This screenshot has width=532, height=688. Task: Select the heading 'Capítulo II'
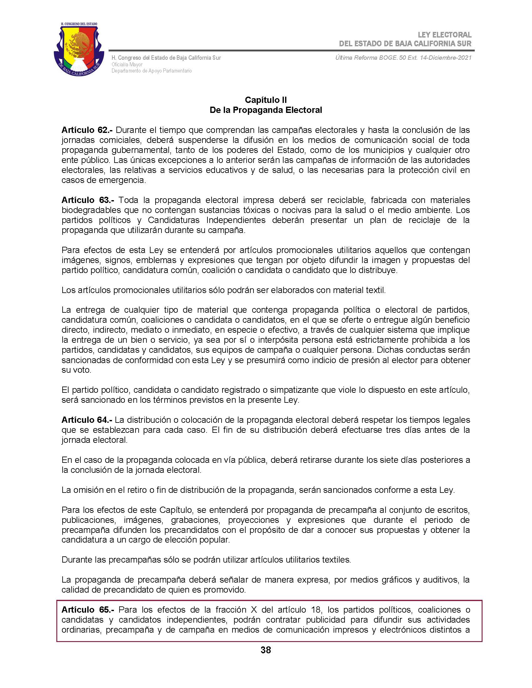pos(266,100)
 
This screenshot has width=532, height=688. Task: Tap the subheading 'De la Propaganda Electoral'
pos(266,110)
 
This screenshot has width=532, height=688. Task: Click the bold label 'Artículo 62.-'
pos(87,130)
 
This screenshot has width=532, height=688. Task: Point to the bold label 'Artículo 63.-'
pos(87,200)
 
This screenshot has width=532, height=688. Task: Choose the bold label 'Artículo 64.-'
pos(87,420)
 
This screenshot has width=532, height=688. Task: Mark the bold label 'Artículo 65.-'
pos(87,610)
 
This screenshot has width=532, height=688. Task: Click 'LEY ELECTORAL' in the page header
pos(444,35)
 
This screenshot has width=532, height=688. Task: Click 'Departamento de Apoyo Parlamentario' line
pos(151,71)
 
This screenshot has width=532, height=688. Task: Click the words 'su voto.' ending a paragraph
pos(76,370)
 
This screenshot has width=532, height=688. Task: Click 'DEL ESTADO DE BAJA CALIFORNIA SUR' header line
pos(405,43)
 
